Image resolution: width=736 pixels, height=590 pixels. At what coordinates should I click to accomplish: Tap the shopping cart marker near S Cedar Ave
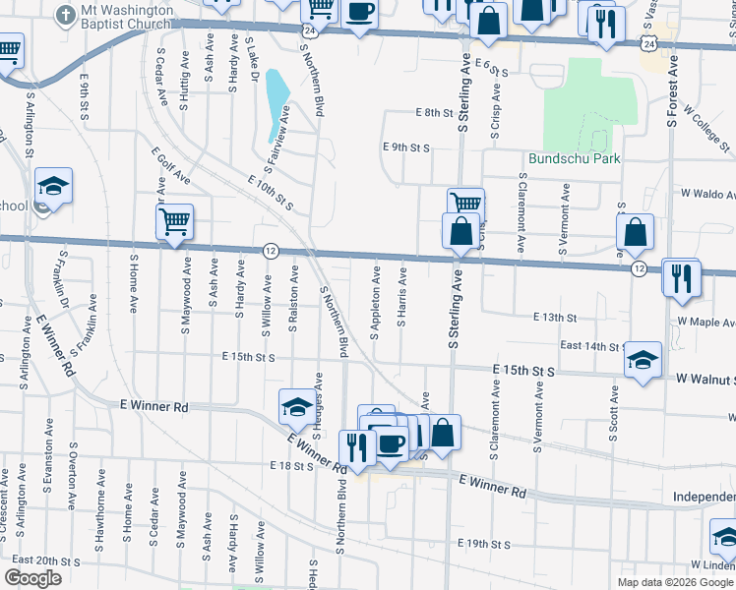tap(175, 221)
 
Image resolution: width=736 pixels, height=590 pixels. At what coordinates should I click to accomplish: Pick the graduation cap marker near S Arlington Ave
tap(53, 186)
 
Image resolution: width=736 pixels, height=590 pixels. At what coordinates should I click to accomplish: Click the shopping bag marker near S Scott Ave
tap(637, 233)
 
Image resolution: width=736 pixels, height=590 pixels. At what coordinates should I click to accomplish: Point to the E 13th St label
tap(554, 318)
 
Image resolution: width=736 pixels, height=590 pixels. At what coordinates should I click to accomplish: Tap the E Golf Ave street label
tap(170, 167)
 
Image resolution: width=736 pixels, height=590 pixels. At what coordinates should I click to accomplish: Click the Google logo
tap(32, 578)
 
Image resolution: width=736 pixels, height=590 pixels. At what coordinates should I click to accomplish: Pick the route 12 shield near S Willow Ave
tap(271, 251)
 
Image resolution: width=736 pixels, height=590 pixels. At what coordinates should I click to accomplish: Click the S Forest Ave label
tap(673, 88)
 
